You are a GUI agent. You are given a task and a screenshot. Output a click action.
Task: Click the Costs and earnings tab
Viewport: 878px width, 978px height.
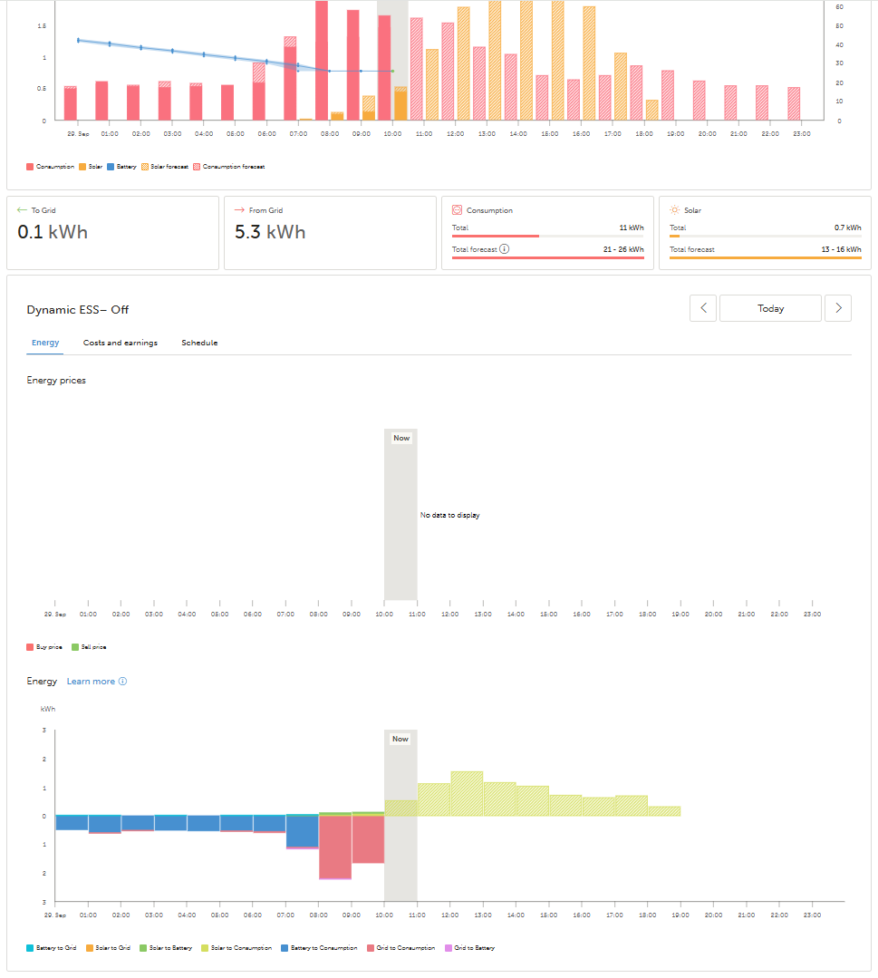(x=120, y=343)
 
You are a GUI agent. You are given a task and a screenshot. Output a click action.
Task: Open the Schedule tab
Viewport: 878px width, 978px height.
(x=199, y=343)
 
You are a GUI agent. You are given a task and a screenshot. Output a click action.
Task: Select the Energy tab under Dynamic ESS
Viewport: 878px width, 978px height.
(x=45, y=343)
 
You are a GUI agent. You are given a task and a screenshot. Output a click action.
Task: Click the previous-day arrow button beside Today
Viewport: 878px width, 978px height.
(x=703, y=308)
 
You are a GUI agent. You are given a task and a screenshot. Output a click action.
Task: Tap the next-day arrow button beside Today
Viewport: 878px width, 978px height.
(x=838, y=308)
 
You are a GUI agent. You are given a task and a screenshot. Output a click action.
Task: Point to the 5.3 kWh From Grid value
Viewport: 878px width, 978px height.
(x=270, y=233)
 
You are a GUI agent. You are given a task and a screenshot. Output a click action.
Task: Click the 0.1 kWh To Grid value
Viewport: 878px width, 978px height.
(x=53, y=233)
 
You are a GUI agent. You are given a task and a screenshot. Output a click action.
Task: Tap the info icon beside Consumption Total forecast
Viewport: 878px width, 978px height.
(x=505, y=249)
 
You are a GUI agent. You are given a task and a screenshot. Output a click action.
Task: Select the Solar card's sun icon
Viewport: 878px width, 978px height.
(x=674, y=210)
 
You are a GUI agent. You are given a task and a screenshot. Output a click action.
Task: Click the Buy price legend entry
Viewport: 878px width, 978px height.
(x=45, y=647)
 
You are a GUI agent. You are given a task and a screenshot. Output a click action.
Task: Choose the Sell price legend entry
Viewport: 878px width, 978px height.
(x=89, y=647)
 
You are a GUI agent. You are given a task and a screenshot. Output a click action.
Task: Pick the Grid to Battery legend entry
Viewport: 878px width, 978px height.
(x=471, y=948)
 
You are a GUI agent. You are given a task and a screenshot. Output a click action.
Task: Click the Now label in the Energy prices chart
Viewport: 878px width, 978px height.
(x=401, y=438)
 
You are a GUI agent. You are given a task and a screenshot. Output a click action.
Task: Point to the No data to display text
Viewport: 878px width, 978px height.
(x=449, y=516)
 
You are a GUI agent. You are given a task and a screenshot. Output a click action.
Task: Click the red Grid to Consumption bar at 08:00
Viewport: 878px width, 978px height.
(x=335, y=847)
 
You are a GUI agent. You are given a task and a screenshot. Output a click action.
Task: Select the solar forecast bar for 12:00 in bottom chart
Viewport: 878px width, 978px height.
(x=467, y=794)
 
